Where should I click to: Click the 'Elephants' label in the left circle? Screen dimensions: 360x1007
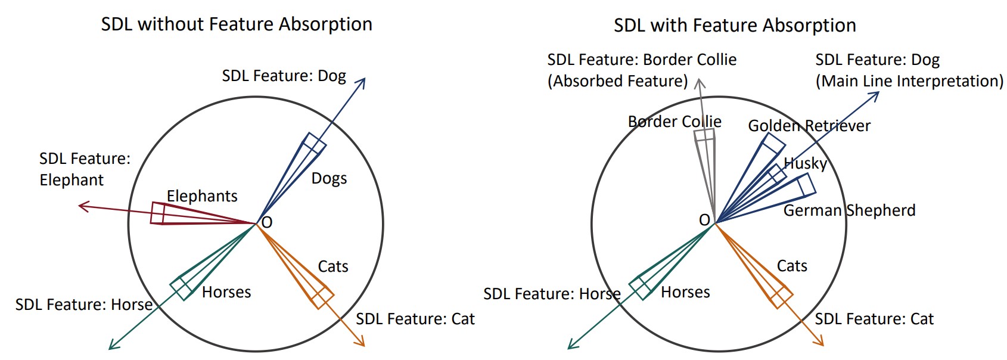(202, 196)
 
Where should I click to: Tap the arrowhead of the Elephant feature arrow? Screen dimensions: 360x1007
(81, 206)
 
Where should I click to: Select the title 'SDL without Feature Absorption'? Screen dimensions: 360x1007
(237, 24)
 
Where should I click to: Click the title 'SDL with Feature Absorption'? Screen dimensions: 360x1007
(735, 26)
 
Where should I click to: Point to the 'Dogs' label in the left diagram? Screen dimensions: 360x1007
(329, 178)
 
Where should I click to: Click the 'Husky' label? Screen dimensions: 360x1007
(805, 163)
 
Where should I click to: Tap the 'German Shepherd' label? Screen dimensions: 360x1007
(849, 210)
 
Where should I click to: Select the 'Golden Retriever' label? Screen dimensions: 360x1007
(809, 126)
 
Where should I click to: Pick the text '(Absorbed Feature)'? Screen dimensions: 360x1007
(617, 81)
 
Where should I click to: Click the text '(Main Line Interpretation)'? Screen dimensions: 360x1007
(909, 81)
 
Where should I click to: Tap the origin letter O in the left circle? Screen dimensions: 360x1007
(267, 222)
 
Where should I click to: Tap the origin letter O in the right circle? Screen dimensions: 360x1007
(704, 220)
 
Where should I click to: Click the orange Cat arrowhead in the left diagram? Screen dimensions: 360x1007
(362, 343)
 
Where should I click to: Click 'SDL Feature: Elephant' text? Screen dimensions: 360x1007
(84, 169)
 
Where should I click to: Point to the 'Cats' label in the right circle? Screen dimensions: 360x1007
(792, 266)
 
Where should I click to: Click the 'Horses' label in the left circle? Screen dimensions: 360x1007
(226, 292)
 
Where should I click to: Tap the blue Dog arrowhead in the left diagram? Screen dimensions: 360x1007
(363, 80)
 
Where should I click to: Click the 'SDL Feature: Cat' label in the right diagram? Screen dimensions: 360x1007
(874, 319)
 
